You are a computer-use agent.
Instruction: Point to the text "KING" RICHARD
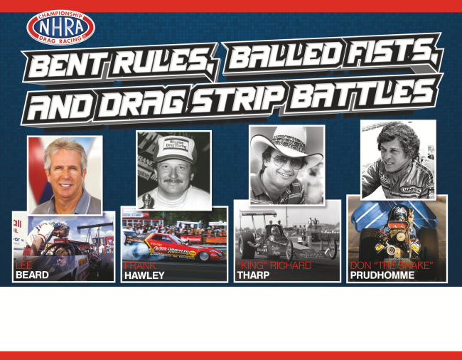274,265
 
